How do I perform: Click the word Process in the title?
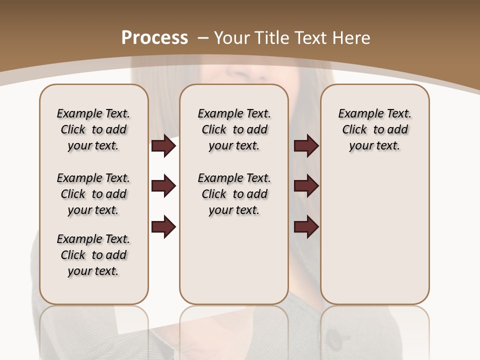pyautogui.click(x=154, y=38)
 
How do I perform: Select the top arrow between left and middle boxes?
pyautogui.click(x=163, y=146)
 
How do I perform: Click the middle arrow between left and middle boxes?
pyautogui.click(x=163, y=186)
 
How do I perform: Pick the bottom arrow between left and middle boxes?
pyautogui.click(x=163, y=226)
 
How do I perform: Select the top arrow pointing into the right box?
pyautogui.click(x=306, y=146)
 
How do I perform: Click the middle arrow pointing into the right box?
pyautogui.click(x=306, y=186)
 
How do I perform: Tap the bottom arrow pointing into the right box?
pyautogui.click(x=306, y=226)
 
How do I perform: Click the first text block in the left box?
pyautogui.click(x=93, y=129)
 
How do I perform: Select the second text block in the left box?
pyautogui.click(x=93, y=194)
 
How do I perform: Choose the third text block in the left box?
pyautogui.click(x=93, y=255)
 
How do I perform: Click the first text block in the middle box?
pyautogui.click(x=234, y=129)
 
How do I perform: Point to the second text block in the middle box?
pyautogui.click(x=234, y=194)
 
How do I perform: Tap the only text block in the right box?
pyautogui.click(x=375, y=129)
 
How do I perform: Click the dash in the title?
pyautogui.click(x=202, y=38)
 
